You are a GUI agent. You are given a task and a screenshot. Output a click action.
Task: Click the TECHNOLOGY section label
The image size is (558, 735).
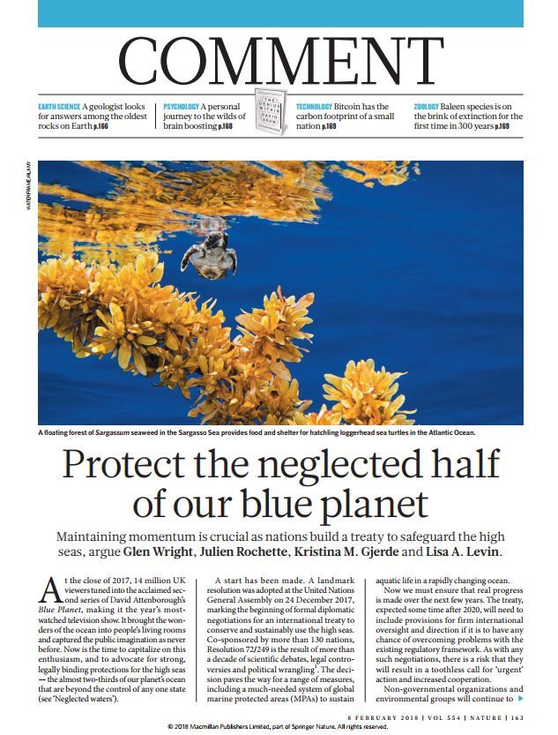point(314,106)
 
